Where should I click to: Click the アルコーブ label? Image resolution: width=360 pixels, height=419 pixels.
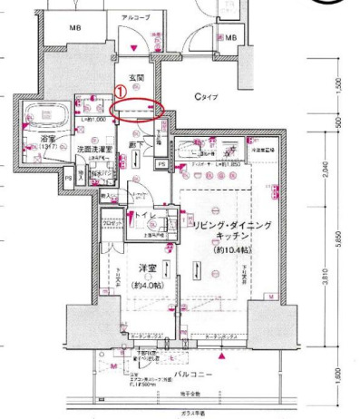tap(135, 17)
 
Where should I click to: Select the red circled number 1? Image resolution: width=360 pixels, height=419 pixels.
tap(122, 92)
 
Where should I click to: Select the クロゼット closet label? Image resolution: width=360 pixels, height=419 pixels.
tap(112, 222)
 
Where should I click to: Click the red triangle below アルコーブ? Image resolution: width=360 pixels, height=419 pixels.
tap(134, 47)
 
